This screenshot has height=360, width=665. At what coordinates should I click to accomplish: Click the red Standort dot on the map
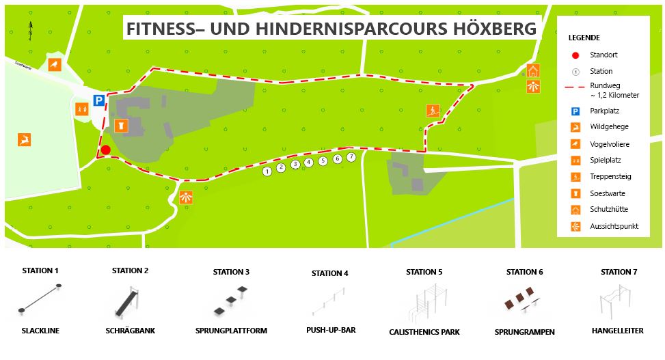105,150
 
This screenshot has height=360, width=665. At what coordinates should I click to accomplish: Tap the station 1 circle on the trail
267,171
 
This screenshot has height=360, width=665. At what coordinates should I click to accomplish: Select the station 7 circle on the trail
351,157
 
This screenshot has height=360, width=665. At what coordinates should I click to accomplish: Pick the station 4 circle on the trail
309,162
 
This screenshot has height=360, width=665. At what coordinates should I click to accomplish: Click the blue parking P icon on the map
99,100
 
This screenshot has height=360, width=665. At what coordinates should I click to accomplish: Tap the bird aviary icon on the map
55,65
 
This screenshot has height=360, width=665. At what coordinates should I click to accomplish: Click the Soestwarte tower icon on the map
120,125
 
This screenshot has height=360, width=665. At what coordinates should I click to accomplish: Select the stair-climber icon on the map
432,111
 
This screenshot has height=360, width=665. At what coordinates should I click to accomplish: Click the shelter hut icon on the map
533,71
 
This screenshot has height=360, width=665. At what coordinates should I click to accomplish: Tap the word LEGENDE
584,38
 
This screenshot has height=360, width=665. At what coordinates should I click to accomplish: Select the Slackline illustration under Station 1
40,299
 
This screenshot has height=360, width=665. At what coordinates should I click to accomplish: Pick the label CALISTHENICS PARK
424,332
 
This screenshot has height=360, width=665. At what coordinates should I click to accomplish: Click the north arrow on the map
31,30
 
